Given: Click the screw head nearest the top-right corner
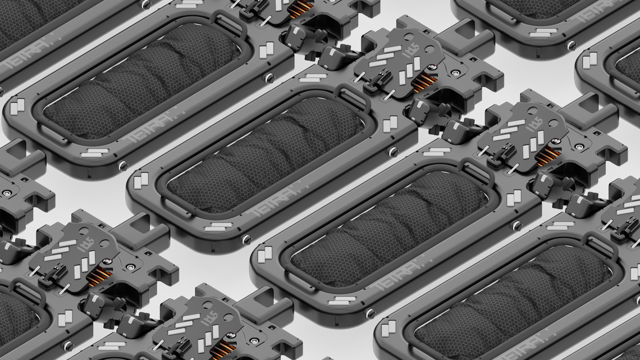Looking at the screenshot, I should coord(571,45).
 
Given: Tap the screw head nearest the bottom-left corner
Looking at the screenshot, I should coord(68,345).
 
